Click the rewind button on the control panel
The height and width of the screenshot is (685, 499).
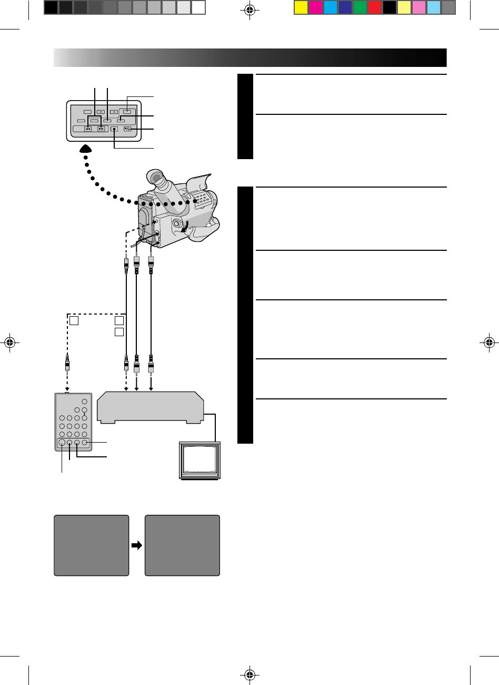click(88, 129)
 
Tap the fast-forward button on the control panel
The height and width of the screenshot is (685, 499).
click(101, 129)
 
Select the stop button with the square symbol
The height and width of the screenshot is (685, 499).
click(114, 129)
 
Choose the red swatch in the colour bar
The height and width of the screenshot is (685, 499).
click(375, 7)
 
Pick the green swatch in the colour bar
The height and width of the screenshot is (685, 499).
click(360, 7)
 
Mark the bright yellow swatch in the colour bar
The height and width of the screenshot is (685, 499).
click(301, 7)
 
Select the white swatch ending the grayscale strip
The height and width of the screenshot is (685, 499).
click(198, 7)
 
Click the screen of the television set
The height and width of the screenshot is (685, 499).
click(200, 459)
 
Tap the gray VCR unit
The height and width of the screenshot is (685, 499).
click(149, 407)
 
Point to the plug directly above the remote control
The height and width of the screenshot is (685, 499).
click(68, 364)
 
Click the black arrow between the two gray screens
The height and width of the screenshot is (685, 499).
click(137, 546)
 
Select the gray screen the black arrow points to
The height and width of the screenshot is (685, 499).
click(182, 545)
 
